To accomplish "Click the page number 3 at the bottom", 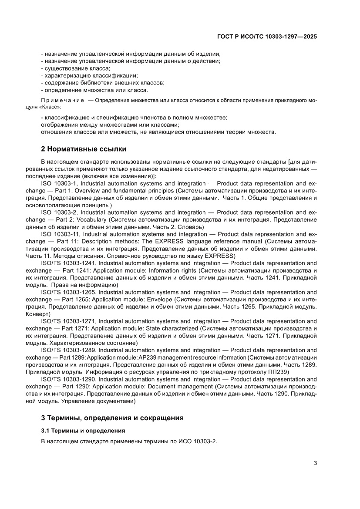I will tap(315, 463).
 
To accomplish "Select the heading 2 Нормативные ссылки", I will tap(84, 149).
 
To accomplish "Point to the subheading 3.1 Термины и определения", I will tap(83, 431).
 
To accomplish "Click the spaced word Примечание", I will tap(62, 101).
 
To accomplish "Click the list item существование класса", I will tap(77, 68).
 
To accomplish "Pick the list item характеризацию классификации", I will tap(91, 76).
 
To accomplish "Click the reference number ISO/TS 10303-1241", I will tap(72, 263).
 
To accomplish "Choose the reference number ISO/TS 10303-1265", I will tap(72, 292).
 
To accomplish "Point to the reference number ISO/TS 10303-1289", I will tap(72, 350).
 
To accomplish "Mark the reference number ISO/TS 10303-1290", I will tap(72, 379).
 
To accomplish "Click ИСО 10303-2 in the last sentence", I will tap(197, 441).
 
